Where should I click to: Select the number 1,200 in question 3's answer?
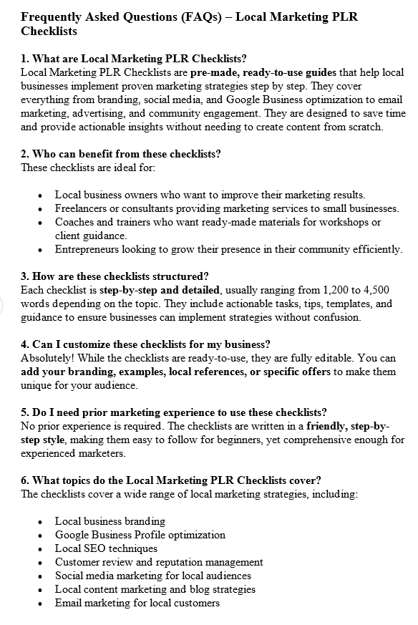pyautogui.click(x=316, y=290)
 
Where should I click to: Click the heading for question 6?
pyautogui.click(x=171, y=480)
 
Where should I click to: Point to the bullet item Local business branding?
pyautogui.click(x=110, y=521)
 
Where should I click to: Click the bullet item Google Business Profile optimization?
pyautogui.click(x=140, y=535)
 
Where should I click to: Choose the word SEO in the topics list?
pyautogui.click(x=96, y=548)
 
